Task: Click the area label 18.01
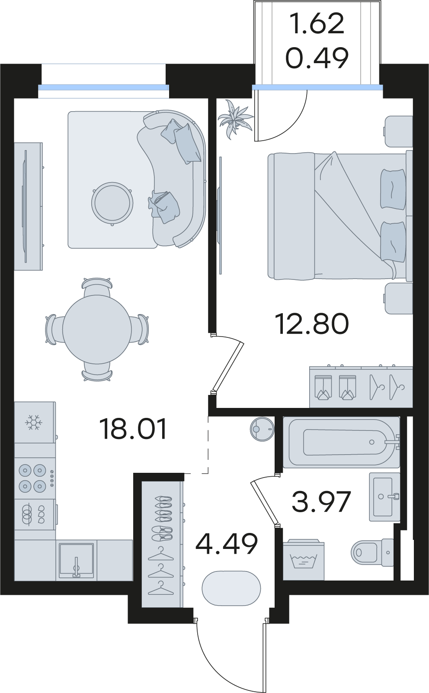pyautogui.click(x=133, y=429)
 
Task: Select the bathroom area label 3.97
pyautogui.click(x=321, y=501)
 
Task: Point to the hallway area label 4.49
pyautogui.click(x=227, y=544)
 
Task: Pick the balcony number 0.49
pyautogui.click(x=317, y=58)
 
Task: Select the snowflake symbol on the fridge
pyautogui.click(x=34, y=422)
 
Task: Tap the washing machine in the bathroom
pyautogui.click(x=304, y=559)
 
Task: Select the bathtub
pyautogui.click(x=342, y=442)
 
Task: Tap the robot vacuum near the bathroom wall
pyautogui.click(x=262, y=429)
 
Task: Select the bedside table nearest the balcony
pyautogui.click(x=399, y=131)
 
